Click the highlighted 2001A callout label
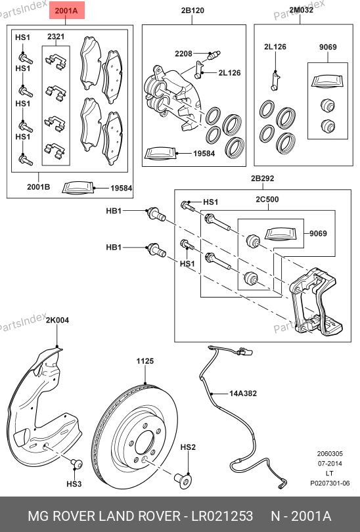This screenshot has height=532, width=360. (x=66, y=11)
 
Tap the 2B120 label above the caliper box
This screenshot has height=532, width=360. (x=192, y=11)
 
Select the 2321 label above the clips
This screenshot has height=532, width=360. (x=56, y=36)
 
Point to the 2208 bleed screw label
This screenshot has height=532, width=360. (x=183, y=54)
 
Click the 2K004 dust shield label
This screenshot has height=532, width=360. (x=57, y=320)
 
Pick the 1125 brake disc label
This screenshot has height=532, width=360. (x=145, y=361)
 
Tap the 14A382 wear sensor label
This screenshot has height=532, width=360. (x=243, y=393)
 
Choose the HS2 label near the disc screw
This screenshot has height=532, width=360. (x=188, y=447)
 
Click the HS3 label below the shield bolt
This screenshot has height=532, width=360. (x=74, y=484)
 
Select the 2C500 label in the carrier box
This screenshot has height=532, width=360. (x=267, y=199)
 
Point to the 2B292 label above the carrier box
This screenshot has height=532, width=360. (x=262, y=178)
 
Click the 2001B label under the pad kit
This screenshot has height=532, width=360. (x=38, y=187)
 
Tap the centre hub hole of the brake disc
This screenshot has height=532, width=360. (x=146, y=443)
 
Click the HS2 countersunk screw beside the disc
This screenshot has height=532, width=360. (x=183, y=479)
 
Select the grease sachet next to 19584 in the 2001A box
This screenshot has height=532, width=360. (x=78, y=188)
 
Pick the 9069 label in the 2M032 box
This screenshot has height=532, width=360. (x=328, y=47)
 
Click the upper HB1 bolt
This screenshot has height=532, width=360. (x=156, y=213)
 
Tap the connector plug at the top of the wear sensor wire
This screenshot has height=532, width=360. (x=245, y=351)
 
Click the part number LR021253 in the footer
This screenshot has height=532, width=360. (x=222, y=516)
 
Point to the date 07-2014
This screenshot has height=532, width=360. (x=330, y=464)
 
